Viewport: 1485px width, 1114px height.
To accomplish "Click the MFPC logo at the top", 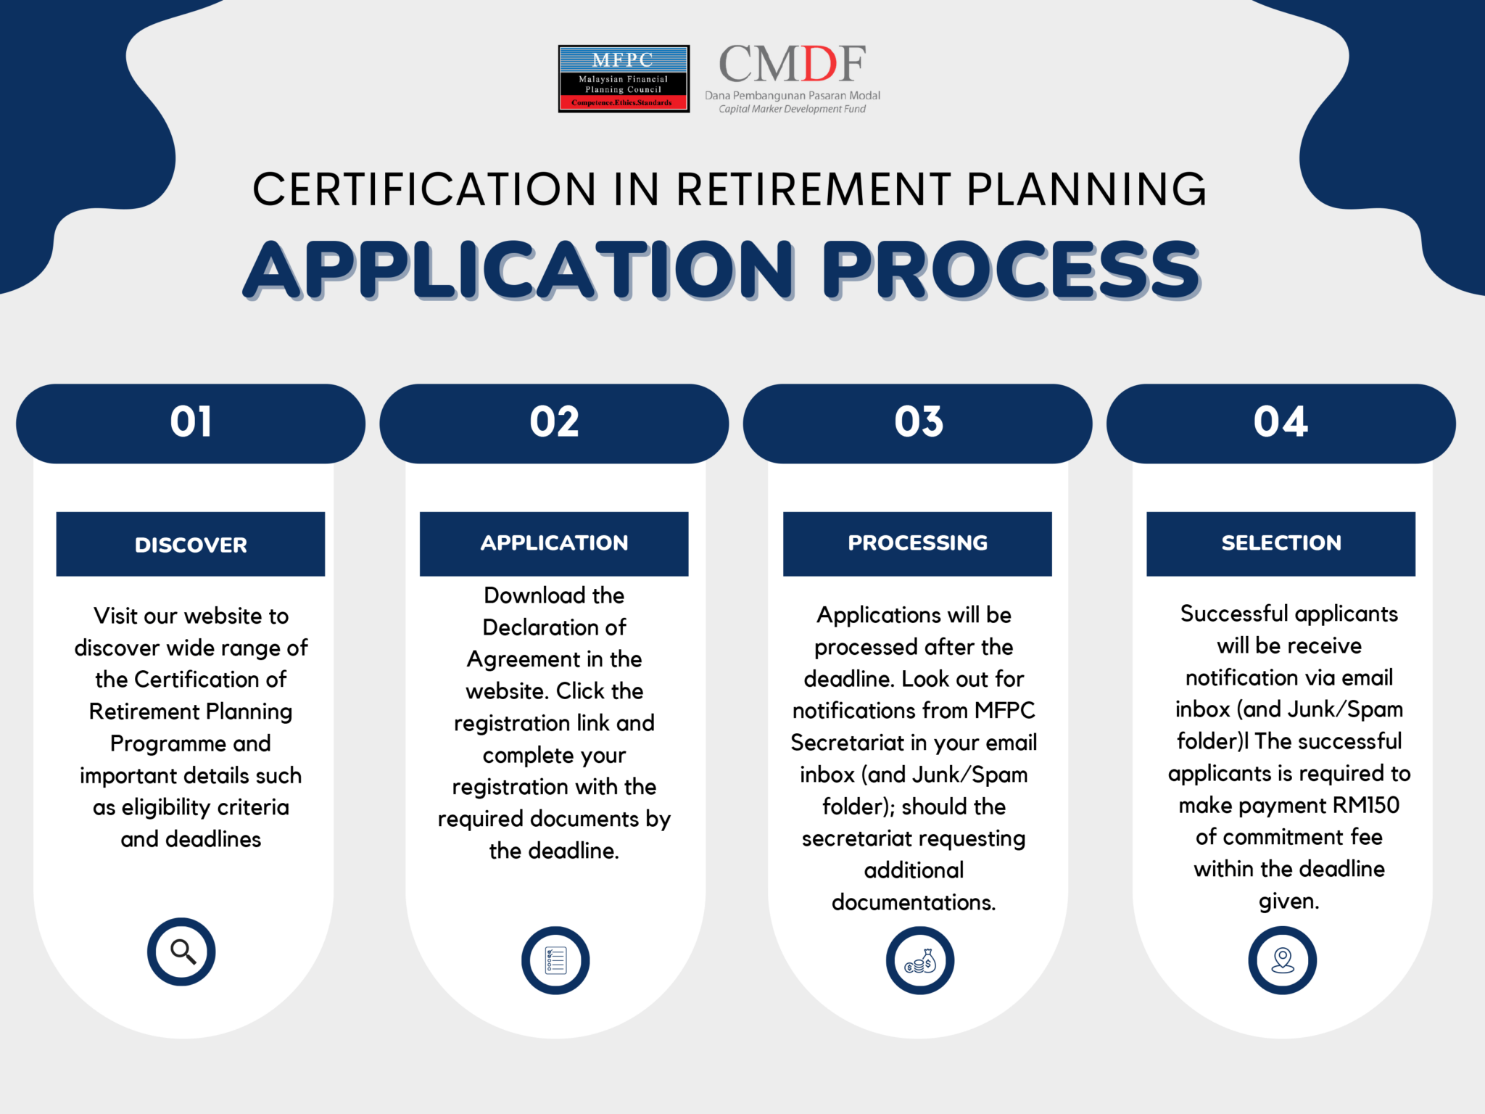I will [624, 79].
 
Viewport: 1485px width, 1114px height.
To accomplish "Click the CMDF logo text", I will [792, 65].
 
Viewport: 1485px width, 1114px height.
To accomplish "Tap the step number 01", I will [191, 422].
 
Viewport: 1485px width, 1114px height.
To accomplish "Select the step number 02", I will [554, 422].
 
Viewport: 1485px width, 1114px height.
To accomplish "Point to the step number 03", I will [918, 422].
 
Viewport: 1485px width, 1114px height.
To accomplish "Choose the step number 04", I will [1281, 422].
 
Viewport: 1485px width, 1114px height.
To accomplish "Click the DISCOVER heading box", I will [191, 545].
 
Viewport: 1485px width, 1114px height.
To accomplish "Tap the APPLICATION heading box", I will [554, 543].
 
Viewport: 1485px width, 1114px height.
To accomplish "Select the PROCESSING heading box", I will [917, 543].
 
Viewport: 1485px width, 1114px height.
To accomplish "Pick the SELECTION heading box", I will [1281, 543].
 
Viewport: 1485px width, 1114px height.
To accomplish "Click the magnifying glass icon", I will [182, 952].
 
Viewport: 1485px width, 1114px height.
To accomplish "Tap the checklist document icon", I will [555, 960].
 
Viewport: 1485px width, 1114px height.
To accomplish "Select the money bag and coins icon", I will [919, 961].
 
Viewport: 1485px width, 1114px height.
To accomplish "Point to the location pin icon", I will [1282, 960].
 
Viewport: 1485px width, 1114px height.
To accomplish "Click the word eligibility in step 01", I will [166, 807].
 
